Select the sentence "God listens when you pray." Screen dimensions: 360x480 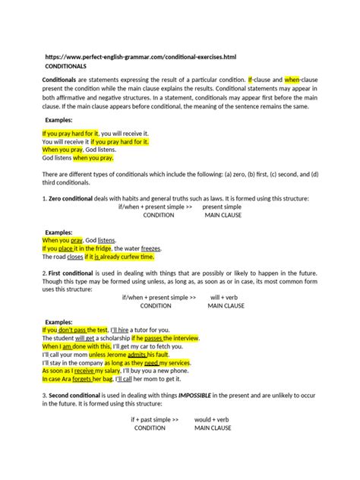77,158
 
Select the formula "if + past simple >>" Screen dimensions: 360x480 154,419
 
